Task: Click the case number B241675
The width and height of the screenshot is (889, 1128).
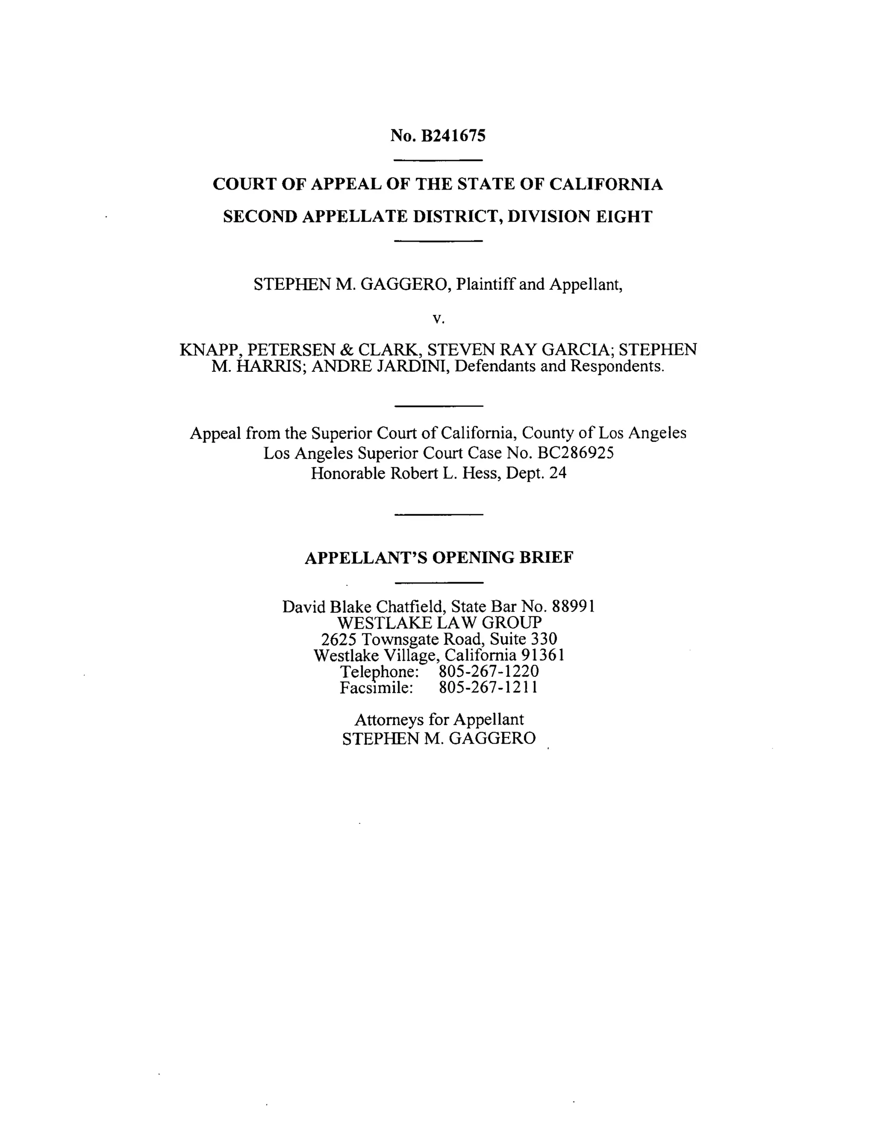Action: tap(453, 136)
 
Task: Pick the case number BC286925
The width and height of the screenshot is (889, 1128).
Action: tap(576, 453)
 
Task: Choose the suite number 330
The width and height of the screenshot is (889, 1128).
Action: tap(543, 639)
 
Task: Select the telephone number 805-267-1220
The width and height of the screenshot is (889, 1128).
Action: tap(489, 671)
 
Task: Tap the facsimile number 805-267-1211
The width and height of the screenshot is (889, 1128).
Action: tap(488, 688)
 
